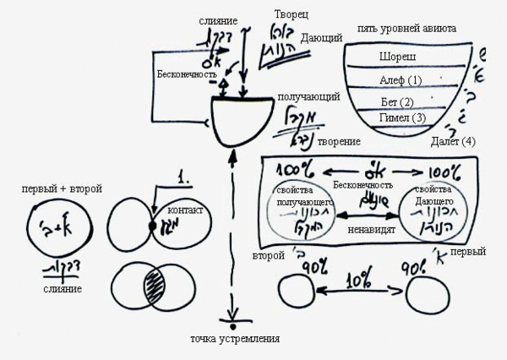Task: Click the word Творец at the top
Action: coord(292,15)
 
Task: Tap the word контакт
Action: coord(186,210)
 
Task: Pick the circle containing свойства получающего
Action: coord(301,211)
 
